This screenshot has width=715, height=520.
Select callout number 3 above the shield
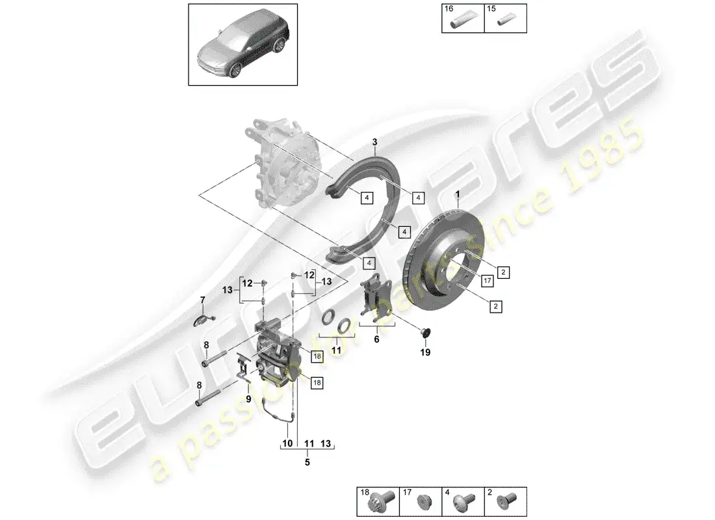click(374, 142)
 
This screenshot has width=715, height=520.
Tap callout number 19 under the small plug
click(425, 353)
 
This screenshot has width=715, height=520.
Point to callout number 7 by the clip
click(202, 300)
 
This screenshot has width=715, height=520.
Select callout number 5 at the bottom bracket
click(308, 463)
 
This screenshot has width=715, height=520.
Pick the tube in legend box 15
click(504, 23)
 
